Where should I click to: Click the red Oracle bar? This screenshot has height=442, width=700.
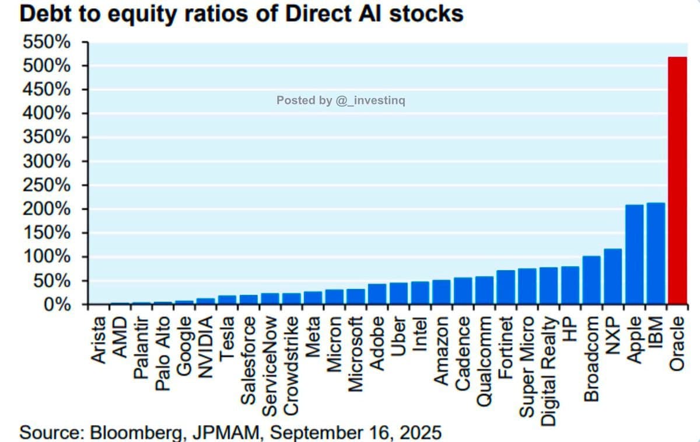[677, 181]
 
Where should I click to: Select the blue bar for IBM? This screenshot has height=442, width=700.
[656, 253]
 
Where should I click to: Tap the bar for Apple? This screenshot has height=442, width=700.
[634, 255]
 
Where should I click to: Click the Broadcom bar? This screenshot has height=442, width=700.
[591, 280]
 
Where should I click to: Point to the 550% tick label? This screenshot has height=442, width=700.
[46, 42]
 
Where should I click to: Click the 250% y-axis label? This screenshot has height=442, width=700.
[46, 186]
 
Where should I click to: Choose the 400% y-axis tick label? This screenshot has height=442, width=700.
[46, 114]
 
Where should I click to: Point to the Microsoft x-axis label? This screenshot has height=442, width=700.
[355, 353]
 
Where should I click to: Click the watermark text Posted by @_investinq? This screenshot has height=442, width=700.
[341, 100]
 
